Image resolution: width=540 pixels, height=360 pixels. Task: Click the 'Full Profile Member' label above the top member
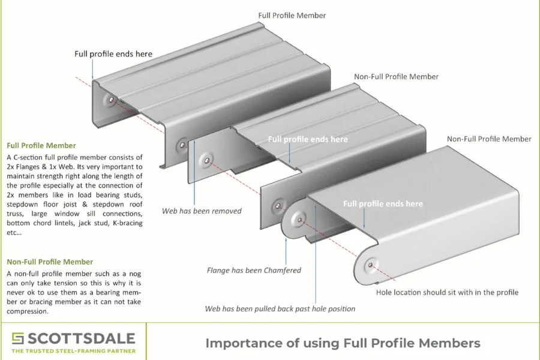click(x=292, y=15)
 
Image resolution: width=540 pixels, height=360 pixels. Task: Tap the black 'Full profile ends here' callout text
click(x=113, y=54)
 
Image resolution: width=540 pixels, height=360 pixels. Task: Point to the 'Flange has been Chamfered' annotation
click(x=254, y=270)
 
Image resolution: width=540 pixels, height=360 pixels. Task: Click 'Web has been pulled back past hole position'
click(x=280, y=308)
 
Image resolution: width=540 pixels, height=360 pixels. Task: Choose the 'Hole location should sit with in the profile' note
click(x=447, y=292)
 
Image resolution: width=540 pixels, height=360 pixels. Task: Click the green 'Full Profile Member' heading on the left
click(x=41, y=145)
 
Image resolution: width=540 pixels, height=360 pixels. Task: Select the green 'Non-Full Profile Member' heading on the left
click(x=50, y=262)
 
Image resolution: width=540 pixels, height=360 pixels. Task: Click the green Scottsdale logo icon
click(x=18, y=338)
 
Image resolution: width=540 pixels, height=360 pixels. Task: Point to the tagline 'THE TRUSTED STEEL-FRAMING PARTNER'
click(x=73, y=351)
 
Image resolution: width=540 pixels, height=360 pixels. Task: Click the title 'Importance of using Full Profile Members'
click(x=343, y=343)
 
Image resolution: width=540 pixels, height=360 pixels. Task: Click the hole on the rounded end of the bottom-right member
click(x=371, y=263)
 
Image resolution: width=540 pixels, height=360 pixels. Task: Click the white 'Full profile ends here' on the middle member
click(x=307, y=139)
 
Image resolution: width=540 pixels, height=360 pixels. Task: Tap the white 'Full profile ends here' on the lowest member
click(x=383, y=204)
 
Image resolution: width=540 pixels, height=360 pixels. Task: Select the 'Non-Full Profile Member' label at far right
click(x=489, y=139)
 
